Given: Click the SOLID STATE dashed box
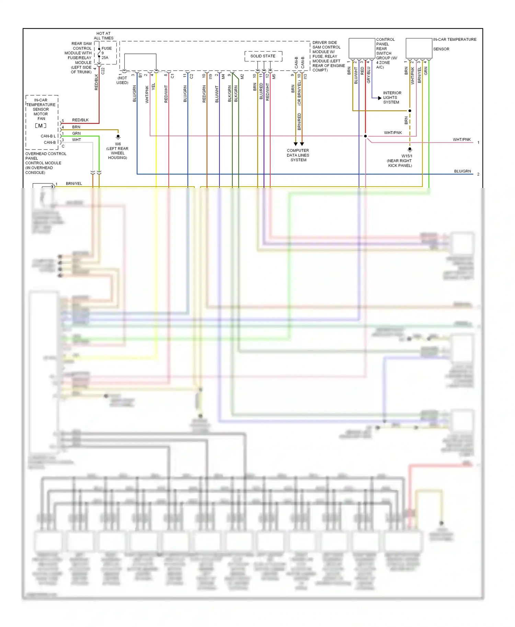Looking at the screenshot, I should click(263, 56).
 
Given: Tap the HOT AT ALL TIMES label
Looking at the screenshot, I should click(103, 36).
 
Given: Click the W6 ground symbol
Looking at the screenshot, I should click(118, 137).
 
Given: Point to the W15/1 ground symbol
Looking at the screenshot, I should click(410, 150).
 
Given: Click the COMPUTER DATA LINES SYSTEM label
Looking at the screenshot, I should click(298, 155).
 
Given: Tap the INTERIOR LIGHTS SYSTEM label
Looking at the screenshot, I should click(392, 97).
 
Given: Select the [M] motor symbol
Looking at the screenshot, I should click(41, 126).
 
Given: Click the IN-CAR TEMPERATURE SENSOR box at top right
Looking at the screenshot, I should click(419, 48).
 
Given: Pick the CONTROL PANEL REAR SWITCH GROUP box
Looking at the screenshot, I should click(362, 48).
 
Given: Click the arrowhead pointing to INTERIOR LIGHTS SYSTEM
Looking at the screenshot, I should click(379, 98).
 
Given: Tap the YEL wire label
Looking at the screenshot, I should click(153, 86).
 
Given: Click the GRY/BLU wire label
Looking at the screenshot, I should click(369, 75).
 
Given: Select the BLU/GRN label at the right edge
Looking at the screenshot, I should click(462, 171).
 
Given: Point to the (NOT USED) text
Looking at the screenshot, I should click(122, 80).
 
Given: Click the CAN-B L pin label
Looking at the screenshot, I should click(48, 136).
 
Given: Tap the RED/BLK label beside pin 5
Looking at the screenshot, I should click(80, 120).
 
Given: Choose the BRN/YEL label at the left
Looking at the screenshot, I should click(74, 184).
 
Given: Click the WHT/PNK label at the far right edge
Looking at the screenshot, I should click(461, 140).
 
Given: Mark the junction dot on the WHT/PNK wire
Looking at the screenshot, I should click(365, 136).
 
